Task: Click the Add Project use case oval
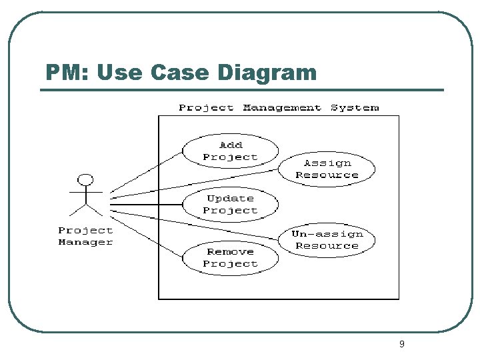click(x=230, y=151)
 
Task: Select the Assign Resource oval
click(x=327, y=169)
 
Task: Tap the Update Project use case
click(x=230, y=204)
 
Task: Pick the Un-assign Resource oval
click(x=327, y=240)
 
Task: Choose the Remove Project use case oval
click(x=230, y=257)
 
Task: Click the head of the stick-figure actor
click(x=85, y=180)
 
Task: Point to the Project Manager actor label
click(x=85, y=236)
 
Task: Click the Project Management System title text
click(x=279, y=107)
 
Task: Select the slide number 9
click(x=401, y=344)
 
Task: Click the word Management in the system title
click(x=281, y=107)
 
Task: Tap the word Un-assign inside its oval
click(x=327, y=234)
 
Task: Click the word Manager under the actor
click(x=85, y=242)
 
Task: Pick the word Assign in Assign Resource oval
click(x=327, y=163)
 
